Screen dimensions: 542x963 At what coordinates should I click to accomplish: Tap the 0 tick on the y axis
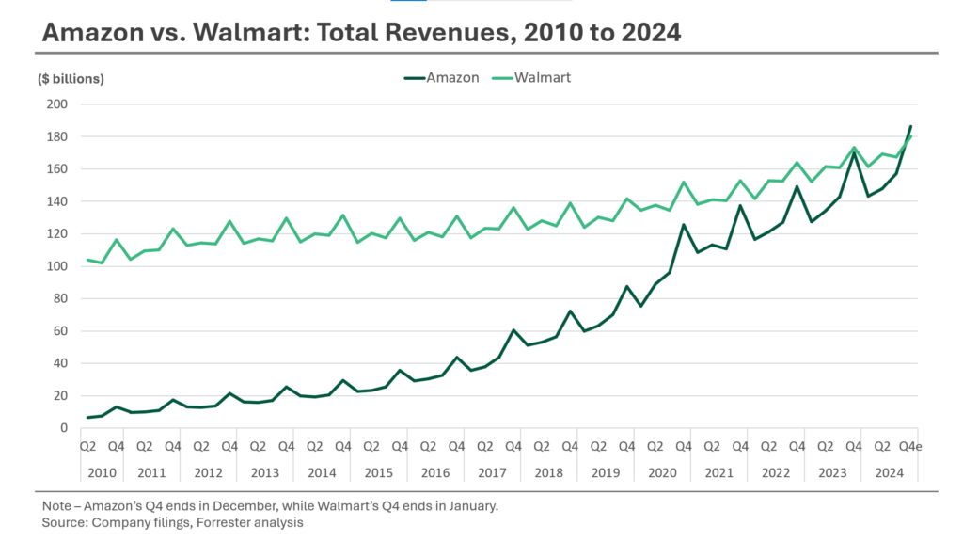tap(63, 428)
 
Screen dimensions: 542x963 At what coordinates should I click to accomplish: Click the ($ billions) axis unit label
tap(71, 79)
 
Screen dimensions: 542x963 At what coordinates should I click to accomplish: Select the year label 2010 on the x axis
tap(102, 471)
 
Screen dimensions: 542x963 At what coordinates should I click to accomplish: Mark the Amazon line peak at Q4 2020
tap(684, 225)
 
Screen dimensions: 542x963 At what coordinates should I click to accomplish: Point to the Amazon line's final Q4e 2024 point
tap(910, 126)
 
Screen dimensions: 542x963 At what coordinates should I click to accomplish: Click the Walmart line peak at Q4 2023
tap(854, 148)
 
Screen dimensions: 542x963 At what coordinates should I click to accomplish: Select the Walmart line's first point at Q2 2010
tap(87, 260)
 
